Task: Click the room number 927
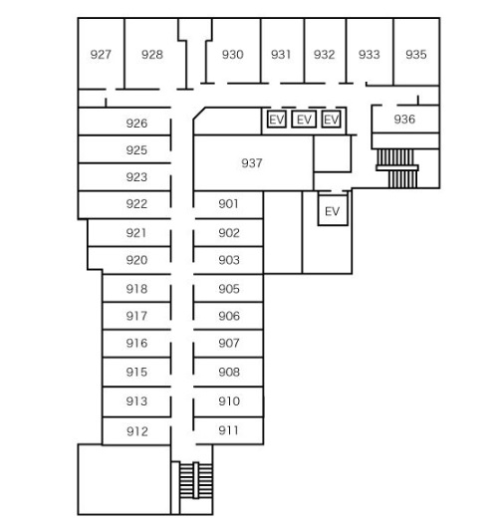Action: [101, 54]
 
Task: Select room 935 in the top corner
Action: [416, 54]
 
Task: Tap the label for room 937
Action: [252, 163]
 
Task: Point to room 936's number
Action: [404, 119]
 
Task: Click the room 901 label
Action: [228, 203]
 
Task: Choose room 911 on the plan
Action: [228, 430]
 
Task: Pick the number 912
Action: [136, 431]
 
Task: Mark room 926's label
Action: [136, 124]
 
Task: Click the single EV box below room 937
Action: [333, 210]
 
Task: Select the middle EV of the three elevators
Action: [304, 120]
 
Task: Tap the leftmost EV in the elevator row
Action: [277, 120]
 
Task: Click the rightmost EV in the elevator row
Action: [332, 120]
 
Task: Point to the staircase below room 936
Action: [397, 168]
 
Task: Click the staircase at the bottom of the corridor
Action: [196, 480]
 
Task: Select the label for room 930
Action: [233, 54]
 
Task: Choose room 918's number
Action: [136, 289]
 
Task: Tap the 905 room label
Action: [229, 289]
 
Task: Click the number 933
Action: [370, 54]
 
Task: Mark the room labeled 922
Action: [136, 203]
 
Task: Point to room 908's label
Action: [229, 372]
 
